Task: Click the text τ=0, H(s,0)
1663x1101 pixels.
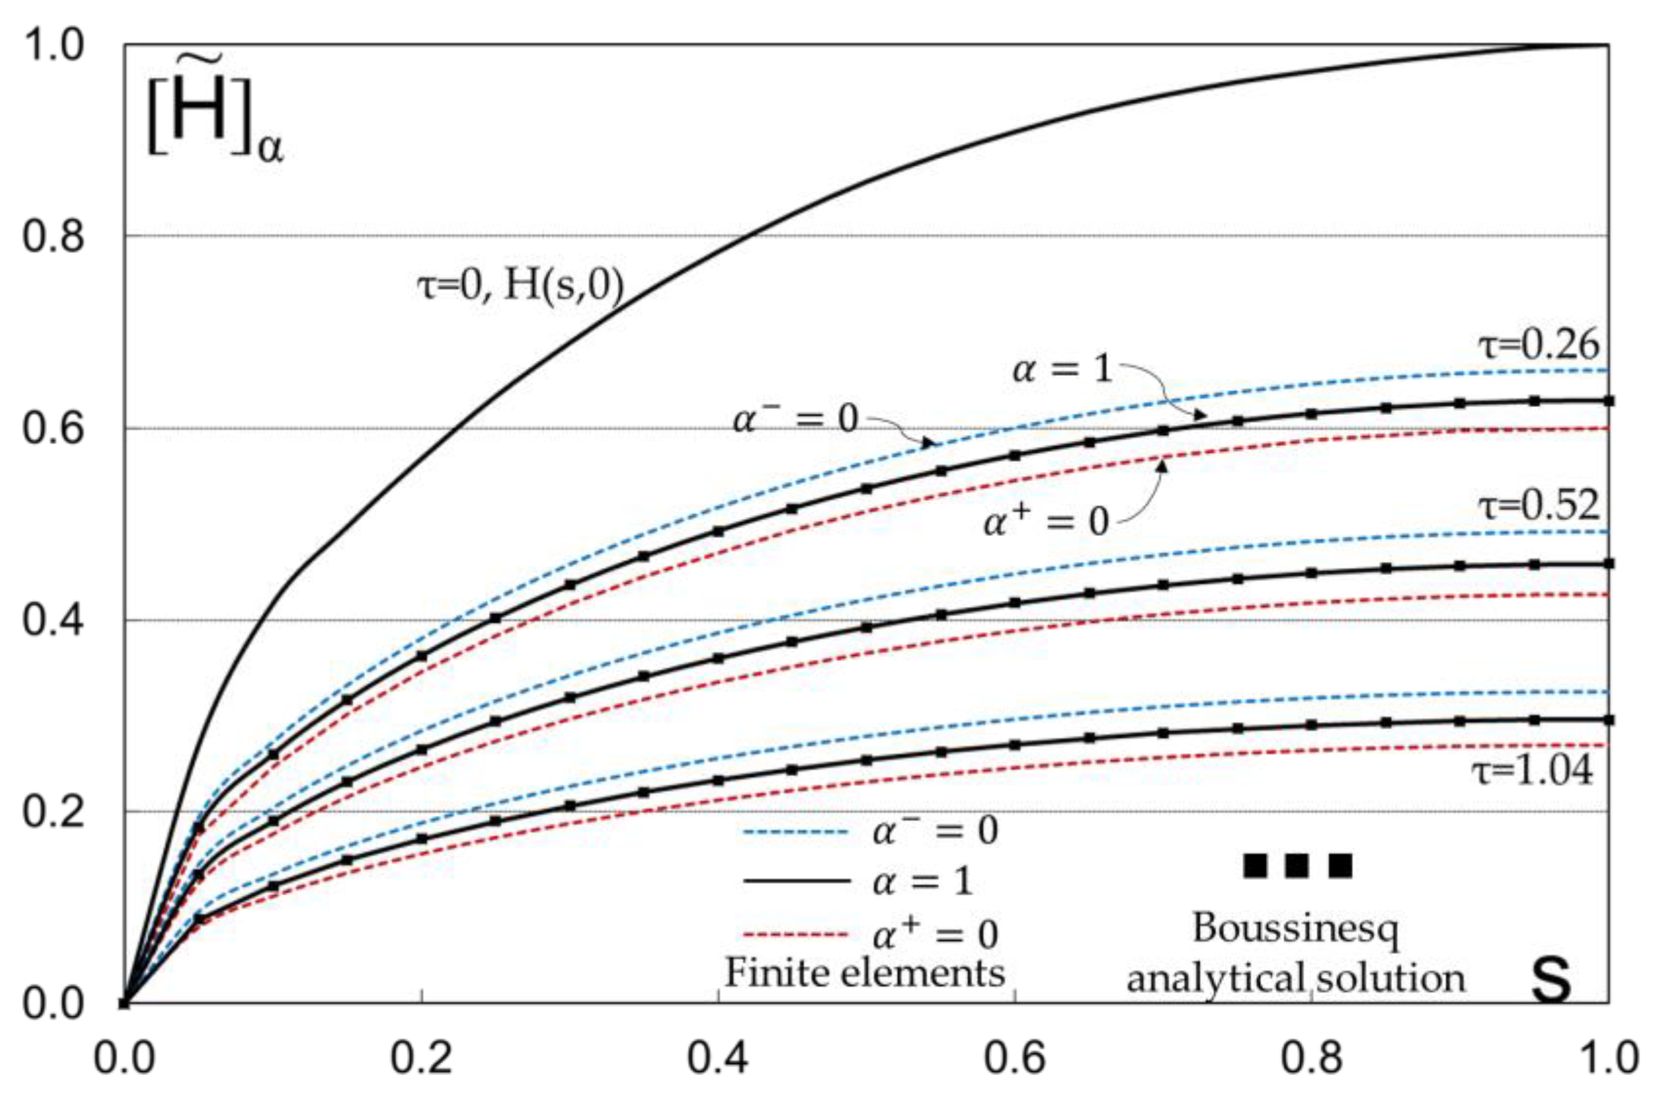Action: pyautogui.click(x=520, y=287)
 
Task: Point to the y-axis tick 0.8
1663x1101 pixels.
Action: pyautogui.click(x=53, y=236)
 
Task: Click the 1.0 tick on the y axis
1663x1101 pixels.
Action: pyautogui.click(x=53, y=46)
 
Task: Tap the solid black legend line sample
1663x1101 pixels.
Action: pyautogui.click(x=797, y=881)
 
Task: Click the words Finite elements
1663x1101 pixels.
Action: pyautogui.click(x=865, y=973)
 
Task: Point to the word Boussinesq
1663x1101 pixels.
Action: pyautogui.click(x=1295, y=928)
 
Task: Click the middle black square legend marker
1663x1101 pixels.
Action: pyautogui.click(x=1296, y=866)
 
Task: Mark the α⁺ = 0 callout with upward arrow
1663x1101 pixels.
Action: pyautogui.click(x=1046, y=522)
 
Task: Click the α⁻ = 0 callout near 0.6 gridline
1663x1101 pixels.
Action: pyautogui.click(x=795, y=420)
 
